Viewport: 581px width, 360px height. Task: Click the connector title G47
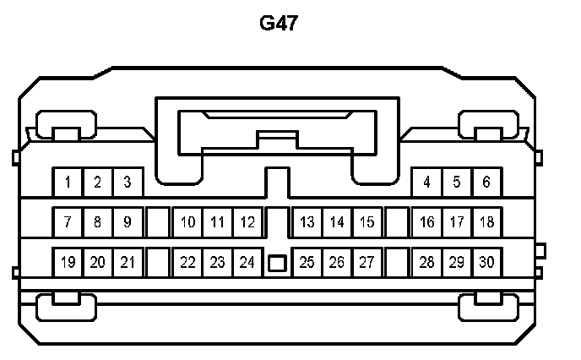279,23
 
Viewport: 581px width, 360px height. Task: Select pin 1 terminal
68,182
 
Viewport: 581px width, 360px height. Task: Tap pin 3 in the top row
128,182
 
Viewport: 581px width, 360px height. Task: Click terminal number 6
486,182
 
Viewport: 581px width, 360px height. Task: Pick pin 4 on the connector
427,182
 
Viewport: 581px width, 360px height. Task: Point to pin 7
68,222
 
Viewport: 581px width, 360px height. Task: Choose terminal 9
128,222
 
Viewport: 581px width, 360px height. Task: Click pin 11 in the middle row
217,222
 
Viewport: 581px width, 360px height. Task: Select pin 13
307,222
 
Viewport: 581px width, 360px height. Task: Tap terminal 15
367,222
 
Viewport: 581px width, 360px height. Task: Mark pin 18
486,222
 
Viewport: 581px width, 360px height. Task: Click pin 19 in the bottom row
68,262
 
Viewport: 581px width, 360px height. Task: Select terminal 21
128,262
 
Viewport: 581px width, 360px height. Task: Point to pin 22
187,262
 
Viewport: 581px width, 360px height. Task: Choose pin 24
247,262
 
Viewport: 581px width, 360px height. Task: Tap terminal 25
307,262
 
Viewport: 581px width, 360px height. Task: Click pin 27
367,262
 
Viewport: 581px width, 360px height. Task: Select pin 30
486,262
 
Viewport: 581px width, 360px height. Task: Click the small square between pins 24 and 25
276,263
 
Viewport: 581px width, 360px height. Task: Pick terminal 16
427,222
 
